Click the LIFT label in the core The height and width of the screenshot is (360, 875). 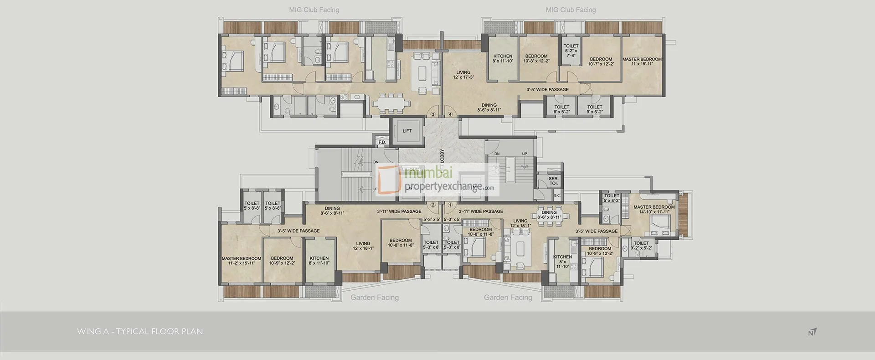[407, 131]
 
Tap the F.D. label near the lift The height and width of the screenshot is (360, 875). [382, 143]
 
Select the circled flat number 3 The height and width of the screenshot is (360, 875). [433, 114]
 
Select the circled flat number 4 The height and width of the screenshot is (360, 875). [450, 114]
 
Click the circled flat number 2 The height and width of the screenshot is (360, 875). [433, 205]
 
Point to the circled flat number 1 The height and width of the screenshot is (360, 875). [450, 205]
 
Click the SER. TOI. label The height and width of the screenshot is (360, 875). [553, 181]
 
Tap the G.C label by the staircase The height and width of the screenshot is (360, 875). [556, 195]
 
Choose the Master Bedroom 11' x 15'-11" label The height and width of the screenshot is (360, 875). [642, 62]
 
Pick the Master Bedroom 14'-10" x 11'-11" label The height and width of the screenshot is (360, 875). [654, 209]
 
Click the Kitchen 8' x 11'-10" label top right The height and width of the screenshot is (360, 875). [503, 58]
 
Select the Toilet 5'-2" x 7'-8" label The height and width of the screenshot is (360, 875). [571, 51]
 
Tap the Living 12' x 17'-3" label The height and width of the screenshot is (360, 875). [463, 75]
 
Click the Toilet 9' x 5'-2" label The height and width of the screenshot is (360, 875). [595, 109]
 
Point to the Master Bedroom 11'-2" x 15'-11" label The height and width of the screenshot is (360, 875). [241, 261]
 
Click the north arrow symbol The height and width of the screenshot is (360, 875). [812, 332]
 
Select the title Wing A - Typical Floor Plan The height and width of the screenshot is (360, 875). [140, 331]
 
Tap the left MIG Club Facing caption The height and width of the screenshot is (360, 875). [314, 10]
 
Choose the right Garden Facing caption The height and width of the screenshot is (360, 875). [508, 298]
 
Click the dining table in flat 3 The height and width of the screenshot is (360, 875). [388, 104]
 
